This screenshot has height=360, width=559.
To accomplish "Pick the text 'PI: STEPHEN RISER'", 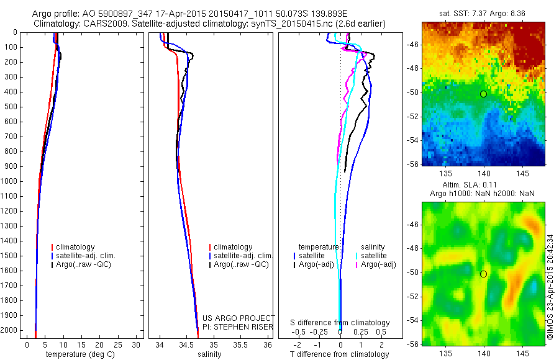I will tap(238, 326).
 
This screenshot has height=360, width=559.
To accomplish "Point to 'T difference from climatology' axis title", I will tap(339, 354).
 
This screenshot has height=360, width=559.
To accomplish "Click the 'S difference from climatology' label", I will tap(340, 323).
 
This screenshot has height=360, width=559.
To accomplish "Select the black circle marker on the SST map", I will tap(483, 94).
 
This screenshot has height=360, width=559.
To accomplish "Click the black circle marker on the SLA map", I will tap(483, 274).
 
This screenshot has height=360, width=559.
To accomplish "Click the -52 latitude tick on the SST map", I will tap(413, 117).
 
